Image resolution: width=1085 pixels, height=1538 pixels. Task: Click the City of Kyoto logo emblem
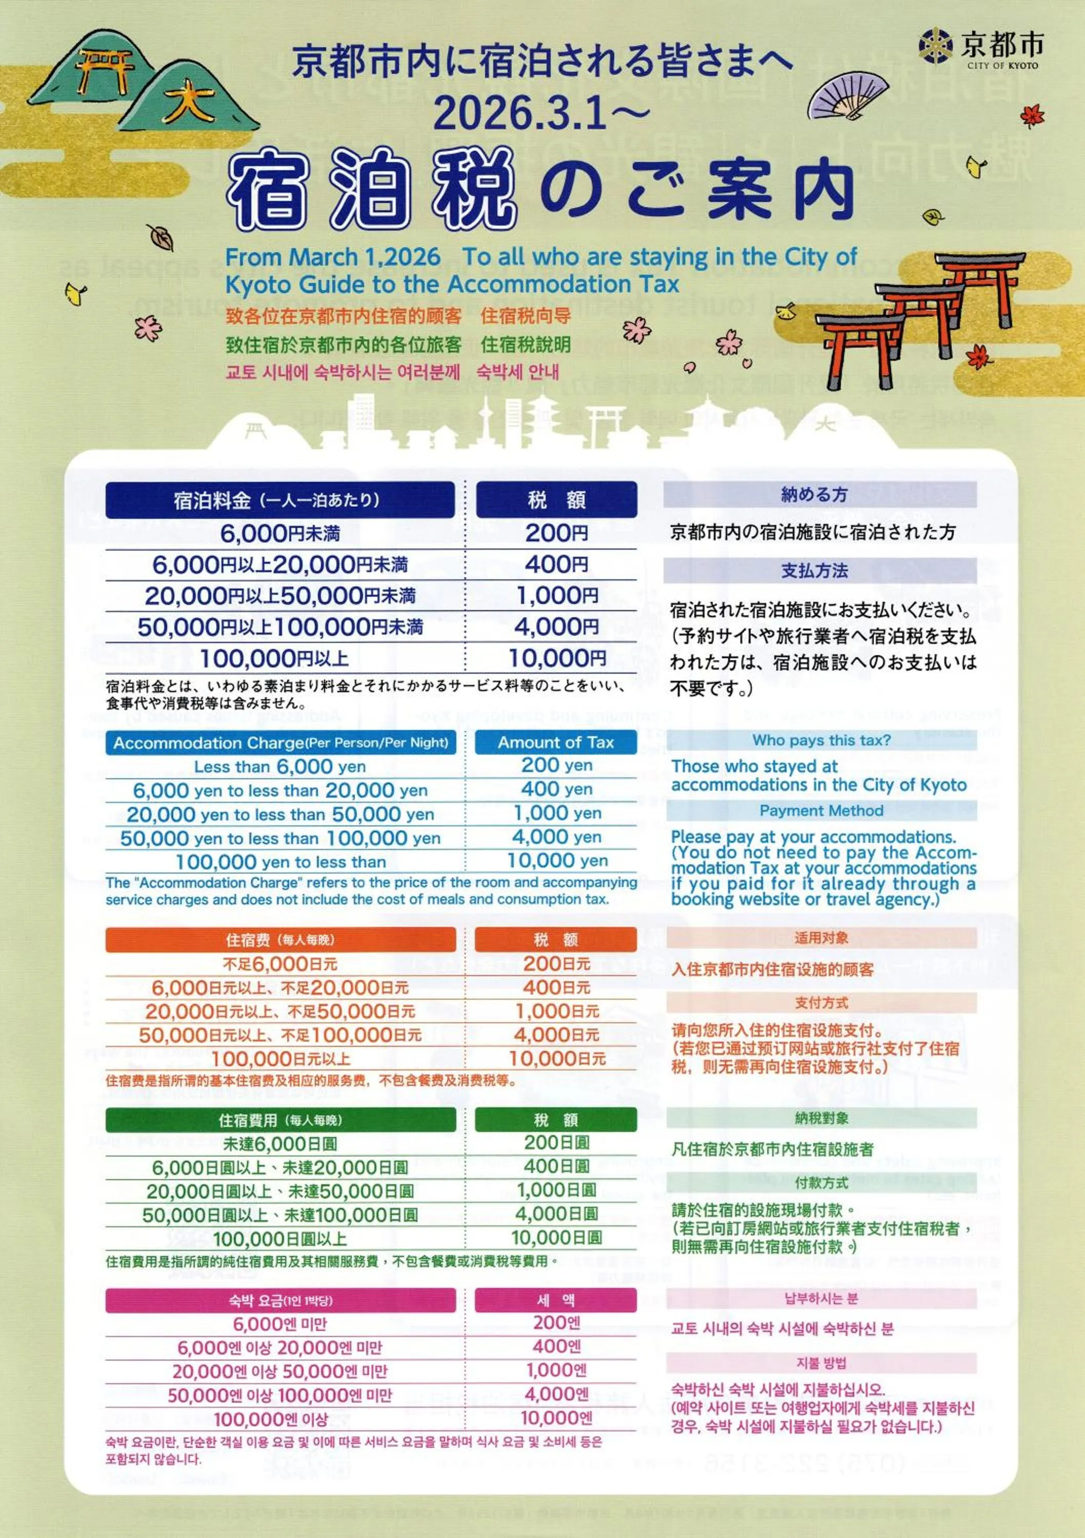coord(936,46)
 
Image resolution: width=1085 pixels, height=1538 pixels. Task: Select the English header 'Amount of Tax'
coord(555,742)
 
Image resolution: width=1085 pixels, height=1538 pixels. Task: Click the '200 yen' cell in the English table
coord(556,765)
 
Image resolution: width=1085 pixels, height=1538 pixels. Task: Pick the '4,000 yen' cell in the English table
coord(556,837)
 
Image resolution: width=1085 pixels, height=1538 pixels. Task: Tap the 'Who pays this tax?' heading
coord(821,740)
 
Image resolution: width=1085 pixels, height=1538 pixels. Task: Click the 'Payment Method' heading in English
coord(821,811)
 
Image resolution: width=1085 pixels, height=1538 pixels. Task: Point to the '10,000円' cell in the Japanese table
coord(556,658)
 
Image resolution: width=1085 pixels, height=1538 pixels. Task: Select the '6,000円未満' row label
coord(280,533)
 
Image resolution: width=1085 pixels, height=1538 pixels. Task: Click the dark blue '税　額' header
coord(556,500)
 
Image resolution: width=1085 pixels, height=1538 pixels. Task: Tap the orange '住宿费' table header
coord(280,940)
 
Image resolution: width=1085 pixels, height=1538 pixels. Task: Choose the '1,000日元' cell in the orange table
coord(556,1011)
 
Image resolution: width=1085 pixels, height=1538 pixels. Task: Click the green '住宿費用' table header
coord(280,1120)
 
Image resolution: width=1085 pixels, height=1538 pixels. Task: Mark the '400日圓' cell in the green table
coord(556,1166)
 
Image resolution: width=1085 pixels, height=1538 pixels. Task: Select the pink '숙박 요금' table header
coord(280,1300)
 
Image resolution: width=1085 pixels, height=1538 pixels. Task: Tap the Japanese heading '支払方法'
coord(814,571)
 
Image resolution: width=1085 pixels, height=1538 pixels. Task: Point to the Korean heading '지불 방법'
coord(821,1363)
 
